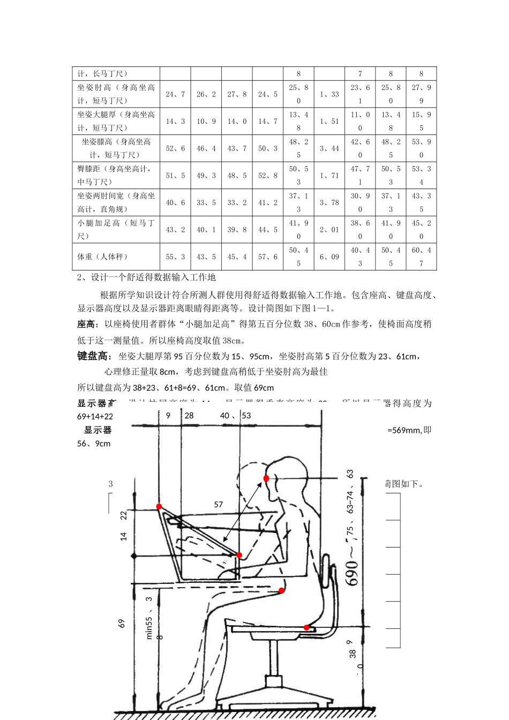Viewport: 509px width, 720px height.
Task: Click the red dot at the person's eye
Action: (266, 478)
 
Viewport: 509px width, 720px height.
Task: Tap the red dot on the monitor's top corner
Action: (159, 506)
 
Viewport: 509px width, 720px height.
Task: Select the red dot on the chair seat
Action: (306, 627)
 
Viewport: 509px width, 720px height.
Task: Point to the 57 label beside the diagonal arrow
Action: (218, 504)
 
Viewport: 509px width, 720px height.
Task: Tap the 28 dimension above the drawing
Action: (189, 415)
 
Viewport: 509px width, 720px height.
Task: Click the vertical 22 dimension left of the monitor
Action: (124, 515)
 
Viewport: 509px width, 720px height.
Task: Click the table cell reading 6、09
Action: (330, 257)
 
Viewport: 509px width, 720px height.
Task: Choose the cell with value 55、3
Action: (175, 257)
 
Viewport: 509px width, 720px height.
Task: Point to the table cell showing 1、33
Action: (330, 94)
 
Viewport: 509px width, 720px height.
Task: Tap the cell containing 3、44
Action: (330, 148)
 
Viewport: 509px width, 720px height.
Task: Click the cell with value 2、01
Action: (330, 229)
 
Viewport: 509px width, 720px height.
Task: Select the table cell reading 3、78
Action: (330, 202)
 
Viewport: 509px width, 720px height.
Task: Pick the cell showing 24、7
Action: (175, 94)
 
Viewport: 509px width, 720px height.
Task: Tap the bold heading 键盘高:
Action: (95, 356)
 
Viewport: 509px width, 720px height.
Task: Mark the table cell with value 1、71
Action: (330, 175)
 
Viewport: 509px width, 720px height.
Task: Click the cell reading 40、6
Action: (175, 202)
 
